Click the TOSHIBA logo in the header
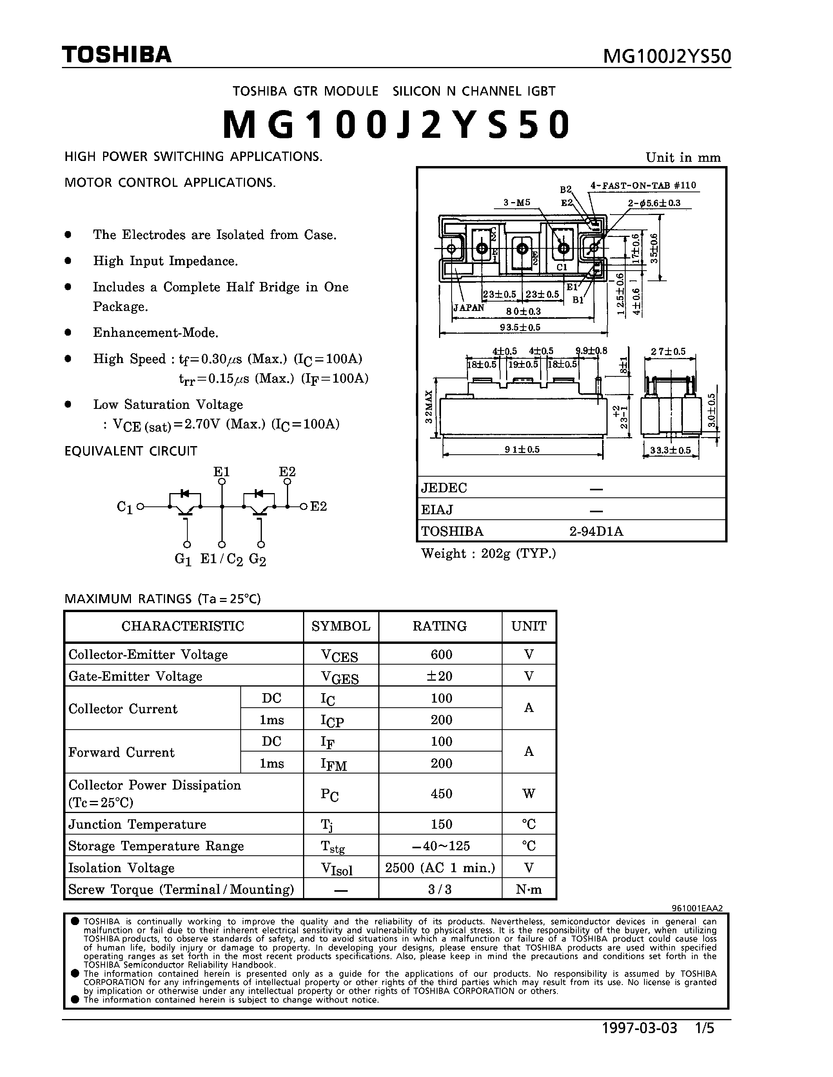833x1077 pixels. [116, 55]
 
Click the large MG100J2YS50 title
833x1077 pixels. [396, 124]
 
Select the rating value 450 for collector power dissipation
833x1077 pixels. [441, 793]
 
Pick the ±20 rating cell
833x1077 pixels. [441, 676]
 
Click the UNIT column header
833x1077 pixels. [528, 626]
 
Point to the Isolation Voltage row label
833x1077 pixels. [122, 868]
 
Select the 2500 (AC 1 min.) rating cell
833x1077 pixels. [440, 868]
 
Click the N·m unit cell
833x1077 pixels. [528, 890]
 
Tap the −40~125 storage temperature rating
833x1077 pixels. [441, 846]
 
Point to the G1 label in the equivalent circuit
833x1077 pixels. [183, 559]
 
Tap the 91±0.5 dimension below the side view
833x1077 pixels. [522, 449]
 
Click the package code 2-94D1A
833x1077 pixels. [596, 531]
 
